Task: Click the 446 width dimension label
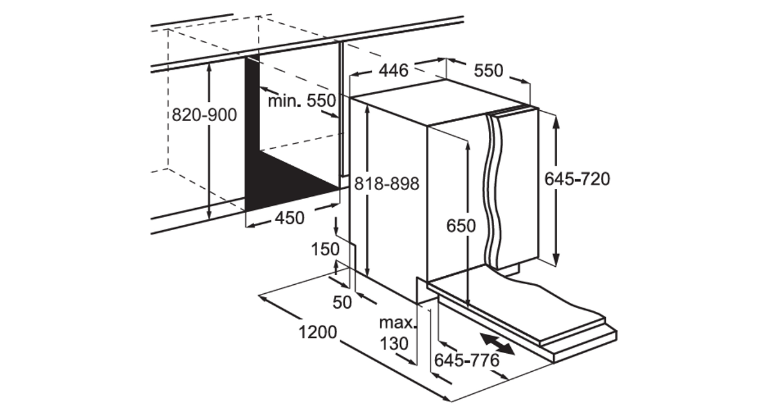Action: tap(393, 70)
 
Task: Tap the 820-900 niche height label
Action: tap(205, 115)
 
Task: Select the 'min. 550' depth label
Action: tap(302, 101)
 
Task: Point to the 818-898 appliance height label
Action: tap(387, 184)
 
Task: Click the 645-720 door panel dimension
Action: tap(577, 179)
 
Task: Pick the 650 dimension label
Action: tap(461, 226)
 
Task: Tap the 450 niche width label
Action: tap(290, 218)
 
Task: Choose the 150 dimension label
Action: tap(326, 249)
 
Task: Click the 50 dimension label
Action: tap(342, 302)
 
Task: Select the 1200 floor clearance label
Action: tap(317, 333)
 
